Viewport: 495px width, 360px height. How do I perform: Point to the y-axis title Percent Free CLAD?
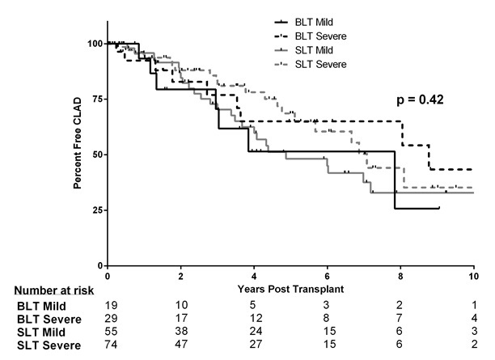[79, 154]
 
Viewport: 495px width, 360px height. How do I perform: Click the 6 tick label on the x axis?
[327, 277]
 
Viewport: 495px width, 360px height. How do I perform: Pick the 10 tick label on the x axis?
[473, 277]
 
